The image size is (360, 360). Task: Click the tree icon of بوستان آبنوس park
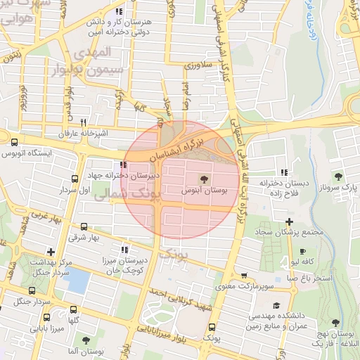tap(205, 178)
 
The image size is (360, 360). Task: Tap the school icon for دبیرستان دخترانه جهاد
tap(124, 165)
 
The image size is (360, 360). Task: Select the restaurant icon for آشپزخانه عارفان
tap(84, 122)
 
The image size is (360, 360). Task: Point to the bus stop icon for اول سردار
tap(75, 179)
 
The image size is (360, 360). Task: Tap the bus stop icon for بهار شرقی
tap(84, 226)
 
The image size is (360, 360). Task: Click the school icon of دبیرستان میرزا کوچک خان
tap(124, 250)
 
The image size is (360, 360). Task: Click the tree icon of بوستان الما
tap(86, 340)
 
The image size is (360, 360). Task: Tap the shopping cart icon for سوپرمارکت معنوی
tap(243, 276)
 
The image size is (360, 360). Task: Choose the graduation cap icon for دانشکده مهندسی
tap(276, 305)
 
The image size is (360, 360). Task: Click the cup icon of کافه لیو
tap(302, 251)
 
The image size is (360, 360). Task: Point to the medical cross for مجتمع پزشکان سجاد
tap(289, 222)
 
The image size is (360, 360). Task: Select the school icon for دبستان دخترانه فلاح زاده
tap(284, 172)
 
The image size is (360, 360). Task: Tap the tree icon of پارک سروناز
tap(338, 176)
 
